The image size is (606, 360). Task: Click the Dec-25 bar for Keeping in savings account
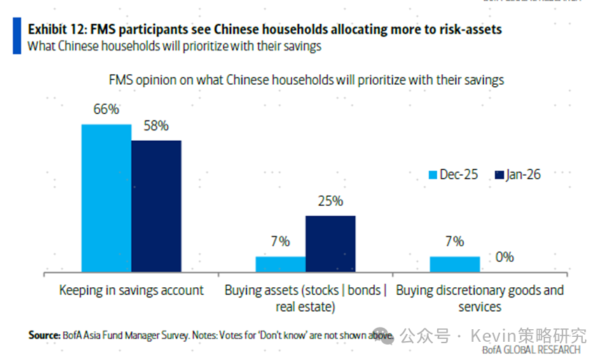coord(106,198)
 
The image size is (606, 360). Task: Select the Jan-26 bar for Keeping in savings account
coord(156,205)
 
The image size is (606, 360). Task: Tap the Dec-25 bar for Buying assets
coord(280,264)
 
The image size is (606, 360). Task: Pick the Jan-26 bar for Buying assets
coord(330,243)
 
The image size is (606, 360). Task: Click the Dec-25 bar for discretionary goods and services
coord(455,264)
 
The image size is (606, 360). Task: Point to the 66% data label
coord(106,109)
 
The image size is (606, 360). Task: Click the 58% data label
coord(156,126)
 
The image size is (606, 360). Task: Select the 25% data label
coord(330,201)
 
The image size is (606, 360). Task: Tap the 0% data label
coord(504,257)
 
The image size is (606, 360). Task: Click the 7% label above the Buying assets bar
coord(280,242)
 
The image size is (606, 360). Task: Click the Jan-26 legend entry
coord(518,174)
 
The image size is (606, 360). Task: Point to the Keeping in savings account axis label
coord(131,290)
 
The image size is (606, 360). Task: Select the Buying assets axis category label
coord(305,298)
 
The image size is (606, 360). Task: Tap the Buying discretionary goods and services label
coord(480,298)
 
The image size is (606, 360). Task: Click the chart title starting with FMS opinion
coord(306,79)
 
